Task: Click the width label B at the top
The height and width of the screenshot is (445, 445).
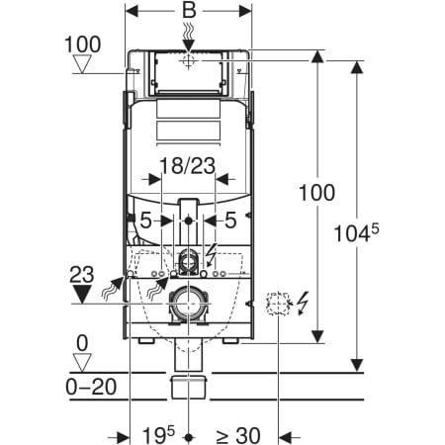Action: (x=189, y=10)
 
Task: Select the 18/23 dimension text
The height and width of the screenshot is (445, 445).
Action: (x=187, y=165)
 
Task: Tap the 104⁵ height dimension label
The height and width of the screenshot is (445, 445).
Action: (x=356, y=232)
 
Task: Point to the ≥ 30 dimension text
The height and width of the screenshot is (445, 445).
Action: (x=237, y=435)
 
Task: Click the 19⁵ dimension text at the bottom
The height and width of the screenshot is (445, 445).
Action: (x=158, y=435)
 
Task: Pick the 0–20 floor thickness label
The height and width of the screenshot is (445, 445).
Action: (x=91, y=387)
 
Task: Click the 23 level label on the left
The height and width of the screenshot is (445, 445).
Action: (x=82, y=275)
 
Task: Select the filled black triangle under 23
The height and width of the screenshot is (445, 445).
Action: (x=82, y=295)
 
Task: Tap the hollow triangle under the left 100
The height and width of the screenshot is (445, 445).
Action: (x=82, y=64)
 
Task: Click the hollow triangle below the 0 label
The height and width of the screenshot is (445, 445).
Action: (x=82, y=363)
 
